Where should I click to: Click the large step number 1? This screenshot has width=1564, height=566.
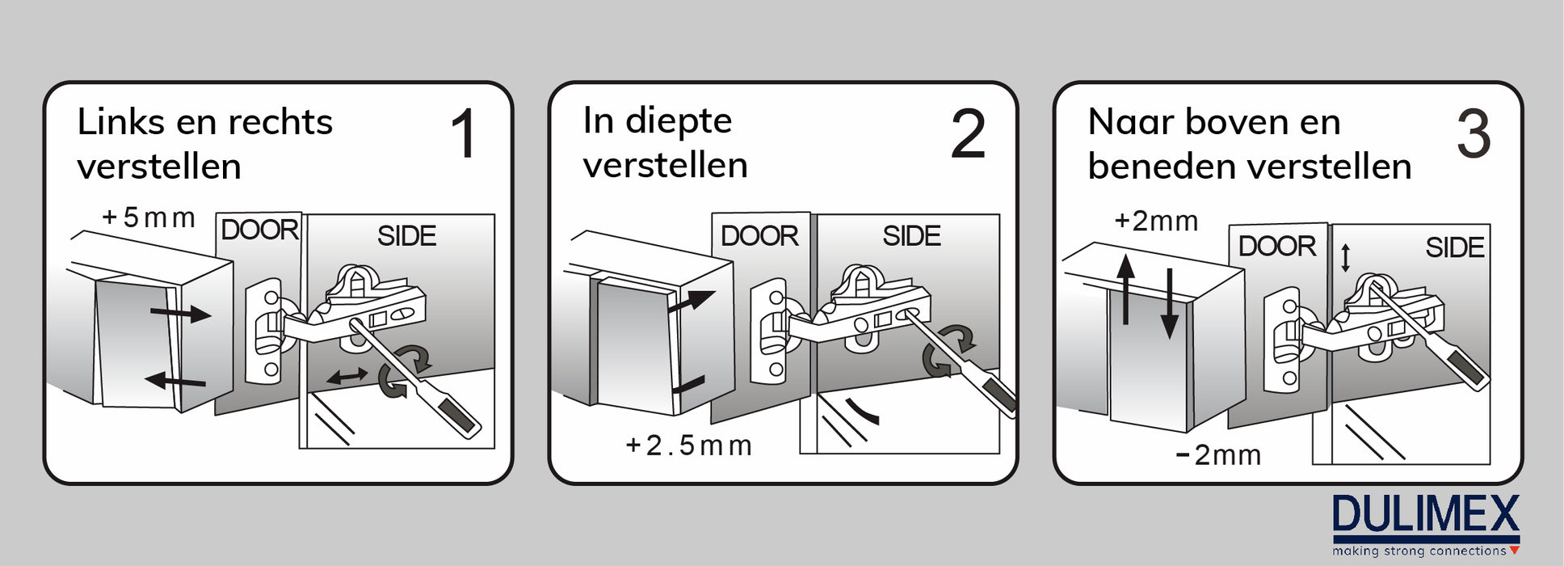(464, 133)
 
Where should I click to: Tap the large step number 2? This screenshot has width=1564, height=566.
(968, 133)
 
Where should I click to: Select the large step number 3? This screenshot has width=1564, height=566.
(1474, 133)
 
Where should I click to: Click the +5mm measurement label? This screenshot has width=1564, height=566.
(149, 218)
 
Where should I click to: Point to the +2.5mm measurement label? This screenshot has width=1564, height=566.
(688, 446)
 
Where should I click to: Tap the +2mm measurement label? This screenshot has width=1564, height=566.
(1156, 221)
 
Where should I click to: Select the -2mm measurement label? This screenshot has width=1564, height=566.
(1218, 455)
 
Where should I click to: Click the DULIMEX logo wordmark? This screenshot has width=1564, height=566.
(1426, 514)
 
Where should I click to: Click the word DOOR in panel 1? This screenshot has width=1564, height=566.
(260, 230)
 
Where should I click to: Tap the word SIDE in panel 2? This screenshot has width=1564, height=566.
(911, 236)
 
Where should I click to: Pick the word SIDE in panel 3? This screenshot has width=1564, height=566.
(1455, 247)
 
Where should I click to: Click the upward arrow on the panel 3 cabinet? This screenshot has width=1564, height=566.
(1125, 289)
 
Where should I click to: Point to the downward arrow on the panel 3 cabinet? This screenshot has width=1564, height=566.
(1169, 304)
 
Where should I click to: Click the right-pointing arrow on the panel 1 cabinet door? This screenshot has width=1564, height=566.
(181, 311)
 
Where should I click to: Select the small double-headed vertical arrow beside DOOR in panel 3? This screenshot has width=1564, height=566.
(1345, 258)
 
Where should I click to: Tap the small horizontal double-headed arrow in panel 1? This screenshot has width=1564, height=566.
(347, 375)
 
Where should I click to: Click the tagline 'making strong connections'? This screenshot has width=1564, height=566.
(1419, 551)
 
